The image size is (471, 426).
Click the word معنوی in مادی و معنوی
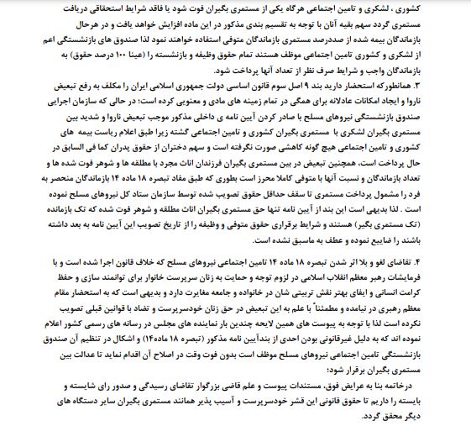[268, 101]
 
